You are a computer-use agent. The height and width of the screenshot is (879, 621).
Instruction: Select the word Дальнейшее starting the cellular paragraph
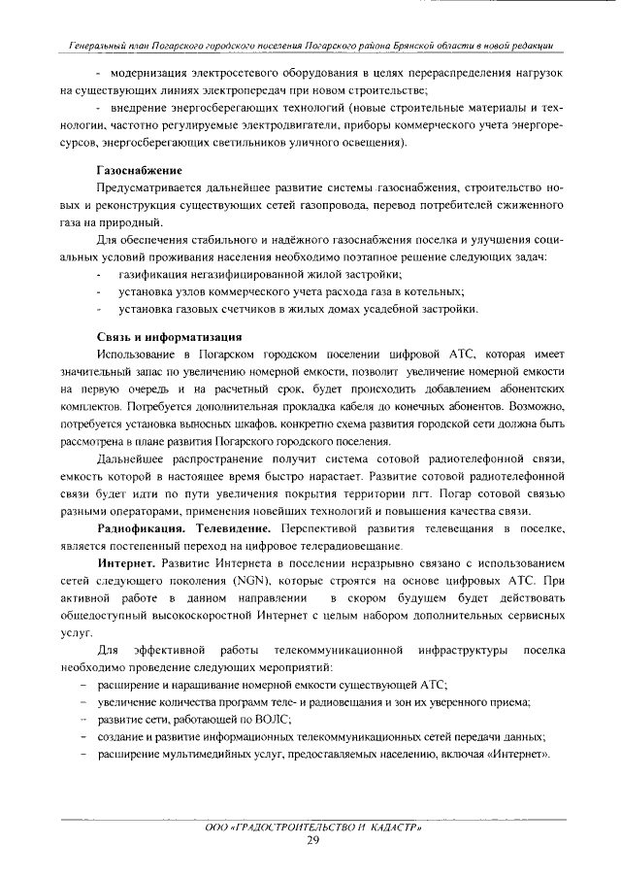pos(137,457)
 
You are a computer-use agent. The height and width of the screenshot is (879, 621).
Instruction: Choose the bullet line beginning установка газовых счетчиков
pos(297,309)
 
